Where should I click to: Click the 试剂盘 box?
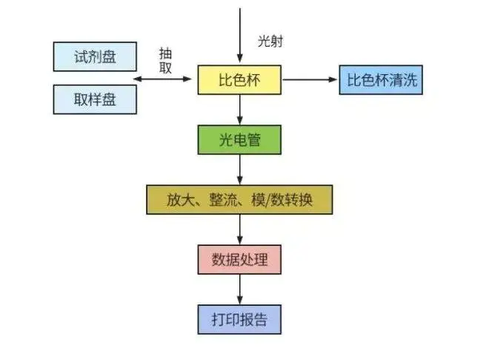pos(95,57)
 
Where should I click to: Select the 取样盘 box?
pos(95,99)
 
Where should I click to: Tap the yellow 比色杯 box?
pos(239,79)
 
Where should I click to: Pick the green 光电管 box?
pos(239,139)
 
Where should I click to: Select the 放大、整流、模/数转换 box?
pos(239,199)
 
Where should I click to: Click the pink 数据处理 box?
pos(239,259)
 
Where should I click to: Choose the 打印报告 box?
pos(239,319)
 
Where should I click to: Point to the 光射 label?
pos(270,41)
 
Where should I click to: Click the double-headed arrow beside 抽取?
pos(166,79)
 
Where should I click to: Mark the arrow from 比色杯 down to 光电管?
pos(239,109)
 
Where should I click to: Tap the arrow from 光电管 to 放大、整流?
pos(239,169)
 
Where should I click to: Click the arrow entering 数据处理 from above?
pos(239,229)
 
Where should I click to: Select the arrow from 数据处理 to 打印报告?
pos(239,289)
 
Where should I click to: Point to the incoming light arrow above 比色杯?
pos(239,33)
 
